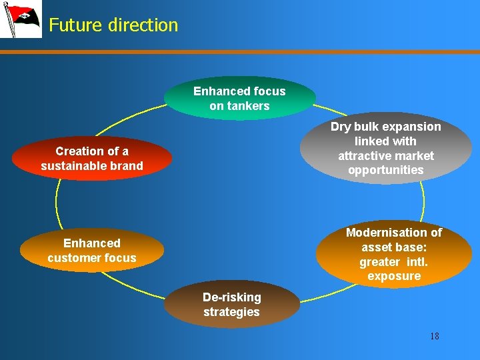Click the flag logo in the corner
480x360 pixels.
20,19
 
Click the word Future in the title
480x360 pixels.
73,25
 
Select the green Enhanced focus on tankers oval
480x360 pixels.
239,99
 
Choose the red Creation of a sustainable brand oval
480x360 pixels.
92,159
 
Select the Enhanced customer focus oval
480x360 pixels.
92,251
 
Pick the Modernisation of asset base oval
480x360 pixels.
393,254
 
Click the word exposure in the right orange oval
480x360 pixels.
393,276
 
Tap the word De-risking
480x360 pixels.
231,297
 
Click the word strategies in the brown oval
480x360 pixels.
231,312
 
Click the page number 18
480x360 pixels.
434,336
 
